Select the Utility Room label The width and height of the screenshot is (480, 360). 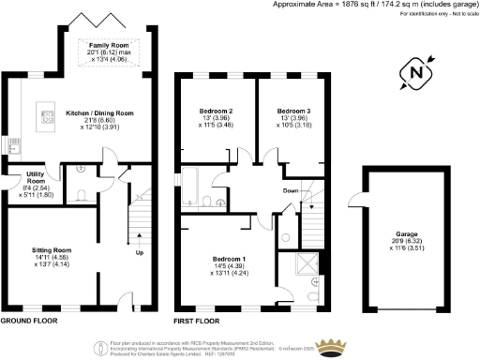(x=21, y=175)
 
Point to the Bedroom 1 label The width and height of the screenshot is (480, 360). (x=229, y=259)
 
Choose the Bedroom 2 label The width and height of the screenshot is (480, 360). (x=217, y=112)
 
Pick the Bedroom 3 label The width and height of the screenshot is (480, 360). (x=294, y=112)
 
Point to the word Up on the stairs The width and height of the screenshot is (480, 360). (x=141, y=254)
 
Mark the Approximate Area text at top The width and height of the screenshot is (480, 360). (x=323, y=6)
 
